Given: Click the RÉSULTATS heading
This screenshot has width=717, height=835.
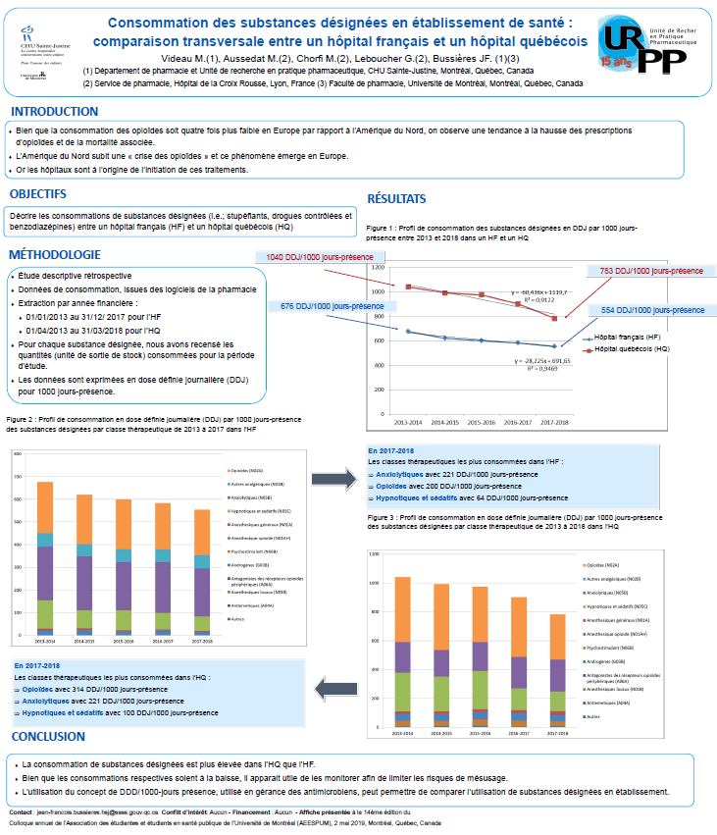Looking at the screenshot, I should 397,198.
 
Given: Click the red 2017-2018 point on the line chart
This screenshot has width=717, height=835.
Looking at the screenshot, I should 554,318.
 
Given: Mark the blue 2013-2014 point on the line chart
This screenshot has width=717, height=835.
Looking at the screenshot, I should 408,332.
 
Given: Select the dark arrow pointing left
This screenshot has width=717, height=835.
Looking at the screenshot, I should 338,691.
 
